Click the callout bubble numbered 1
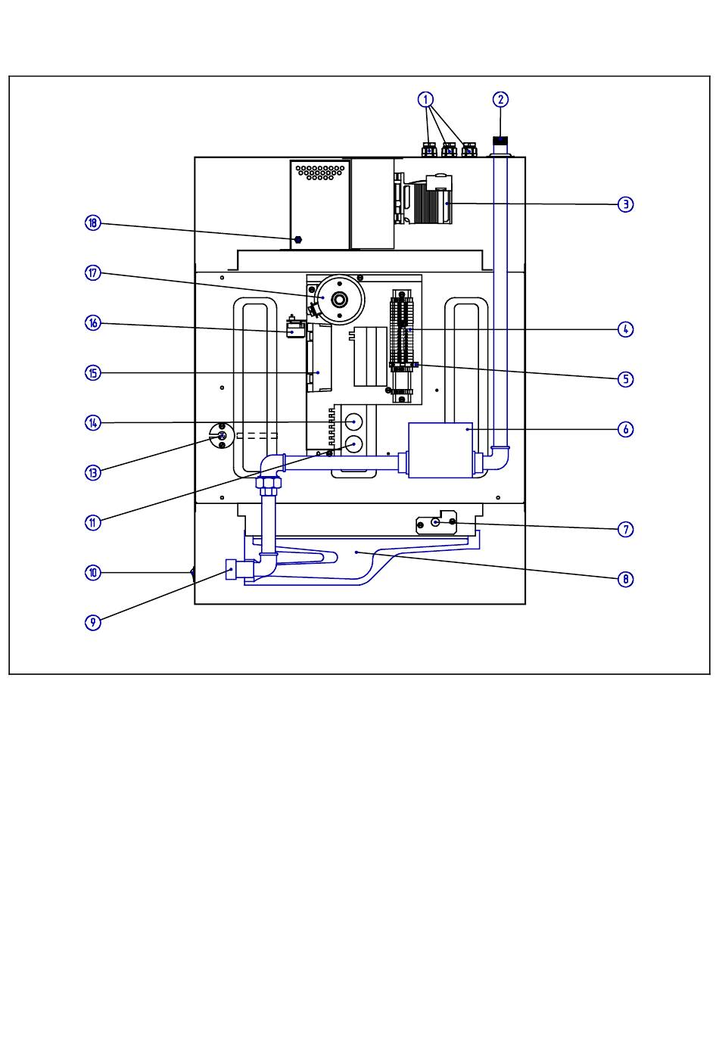pyautogui.click(x=425, y=100)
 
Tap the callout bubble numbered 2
pyautogui.click(x=500, y=100)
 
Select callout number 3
pyautogui.click(x=625, y=204)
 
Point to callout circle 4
pyautogui.click(x=625, y=329)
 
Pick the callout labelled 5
pyautogui.click(x=625, y=379)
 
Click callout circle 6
pyautogui.click(x=625, y=429)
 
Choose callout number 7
pyautogui.click(x=625, y=530)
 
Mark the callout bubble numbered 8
pyautogui.click(x=625, y=579)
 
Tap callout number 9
pyautogui.click(x=93, y=623)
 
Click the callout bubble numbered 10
pyautogui.click(x=93, y=573)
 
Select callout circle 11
pyautogui.click(x=93, y=523)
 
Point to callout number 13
pyautogui.click(x=93, y=473)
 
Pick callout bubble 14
pyautogui.click(x=93, y=423)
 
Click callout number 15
pyautogui.click(x=93, y=373)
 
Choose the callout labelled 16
pyautogui.click(x=93, y=323)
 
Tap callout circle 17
pyautogui.click(x=93, y=273)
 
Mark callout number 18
pyautogui.click(x=93, y=223)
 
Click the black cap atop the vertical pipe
pyautogui.click(x=500, y=140)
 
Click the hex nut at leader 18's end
pyautogui.click(x=297, y=239)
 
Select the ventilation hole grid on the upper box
pyautogui.click(x=319, y=172)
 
